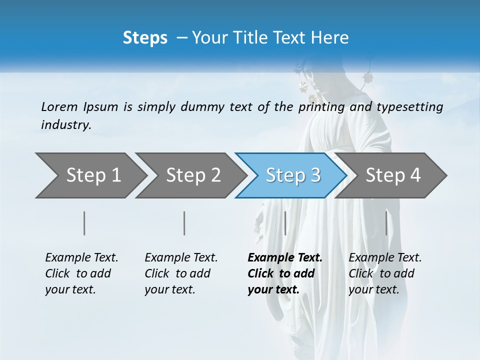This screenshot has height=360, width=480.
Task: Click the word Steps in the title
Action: coord(145,38)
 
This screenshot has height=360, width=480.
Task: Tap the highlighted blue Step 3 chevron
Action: coord(292,175)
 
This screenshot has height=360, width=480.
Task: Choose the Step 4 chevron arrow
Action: coord(393,175)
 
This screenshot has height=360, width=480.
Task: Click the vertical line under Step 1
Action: coord(84,223)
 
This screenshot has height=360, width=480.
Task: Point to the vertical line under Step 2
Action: coord(184,223)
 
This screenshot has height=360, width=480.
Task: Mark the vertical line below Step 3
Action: coord(285,223)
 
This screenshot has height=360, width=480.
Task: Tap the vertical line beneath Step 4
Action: coord(386,223)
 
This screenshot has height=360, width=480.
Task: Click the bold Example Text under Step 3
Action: coord(284,273)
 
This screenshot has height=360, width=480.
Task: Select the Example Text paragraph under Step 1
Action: coord(81,273)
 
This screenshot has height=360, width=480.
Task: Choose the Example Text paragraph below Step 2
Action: coord(181,273)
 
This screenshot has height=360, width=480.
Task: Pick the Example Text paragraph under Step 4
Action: coord(385,273)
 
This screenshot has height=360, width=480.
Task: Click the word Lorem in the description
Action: coord(59,107)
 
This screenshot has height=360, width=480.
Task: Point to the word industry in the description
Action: coord(66,125)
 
